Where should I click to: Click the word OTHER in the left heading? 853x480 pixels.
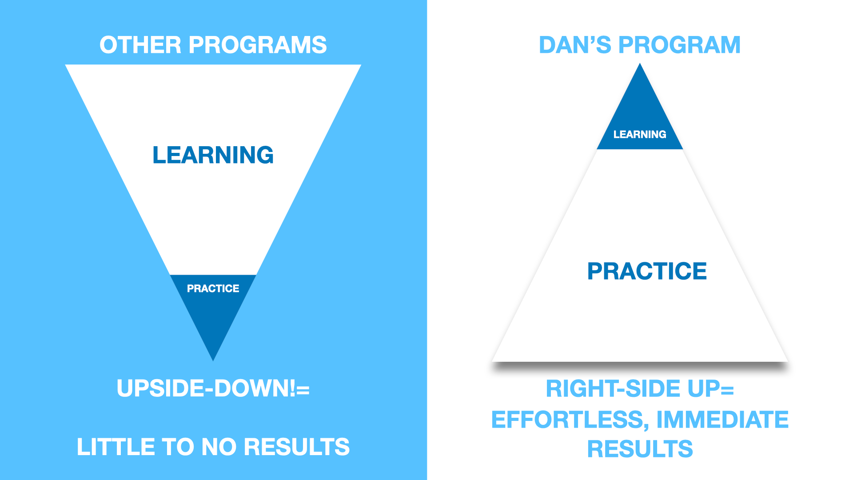140,45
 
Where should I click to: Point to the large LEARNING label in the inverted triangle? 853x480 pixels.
213,155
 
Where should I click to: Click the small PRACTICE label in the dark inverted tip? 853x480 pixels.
213,288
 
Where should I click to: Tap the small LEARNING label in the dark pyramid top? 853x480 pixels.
640,134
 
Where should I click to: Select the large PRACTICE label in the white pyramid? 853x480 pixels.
647,271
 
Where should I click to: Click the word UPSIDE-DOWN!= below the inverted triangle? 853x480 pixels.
213,388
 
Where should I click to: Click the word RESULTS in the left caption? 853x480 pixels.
297,447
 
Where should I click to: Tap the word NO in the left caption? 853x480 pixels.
219,447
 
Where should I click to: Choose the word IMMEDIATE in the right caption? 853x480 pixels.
722,420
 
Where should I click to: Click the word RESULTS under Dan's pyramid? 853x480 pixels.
640,449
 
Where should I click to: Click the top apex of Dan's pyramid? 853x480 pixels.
640,64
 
